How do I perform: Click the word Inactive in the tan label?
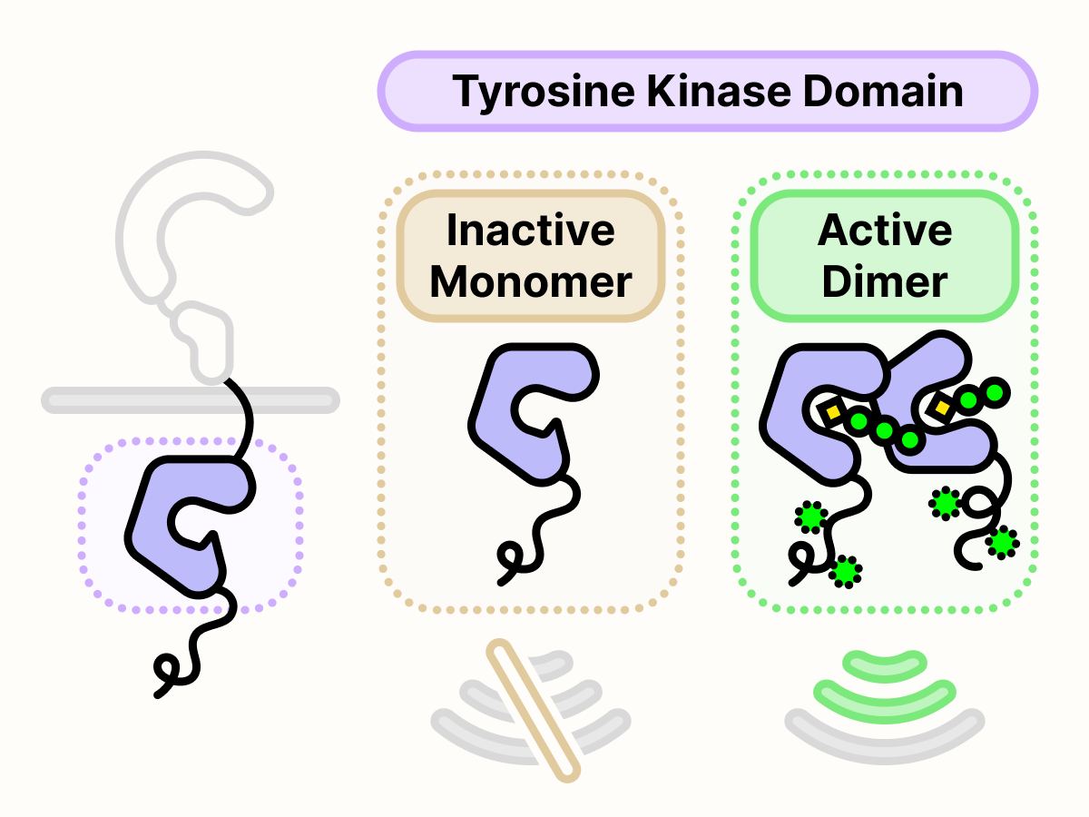point(530,231)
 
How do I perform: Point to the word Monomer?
point(530,281)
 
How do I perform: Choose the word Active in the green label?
point(885,231)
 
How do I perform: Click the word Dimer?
point(885,281)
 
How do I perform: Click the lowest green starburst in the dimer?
point(846,571)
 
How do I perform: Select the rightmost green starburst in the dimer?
point(1001,543)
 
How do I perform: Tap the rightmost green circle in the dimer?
point(995,392)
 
